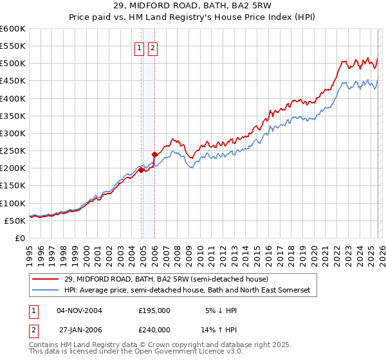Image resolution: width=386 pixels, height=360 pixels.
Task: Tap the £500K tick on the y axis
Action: tap(12, 64)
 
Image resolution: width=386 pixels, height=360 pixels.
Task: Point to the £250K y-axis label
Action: tap(12, 151)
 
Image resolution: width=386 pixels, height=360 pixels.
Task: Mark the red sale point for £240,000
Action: tap(155, 154)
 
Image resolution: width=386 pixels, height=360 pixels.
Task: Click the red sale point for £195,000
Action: tap(141, 170)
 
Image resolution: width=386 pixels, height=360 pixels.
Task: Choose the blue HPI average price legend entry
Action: tap(187, 291)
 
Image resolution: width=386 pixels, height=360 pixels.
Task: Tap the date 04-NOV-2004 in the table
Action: tap(79, 310)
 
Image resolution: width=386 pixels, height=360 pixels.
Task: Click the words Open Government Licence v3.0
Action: tap(187, 352)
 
